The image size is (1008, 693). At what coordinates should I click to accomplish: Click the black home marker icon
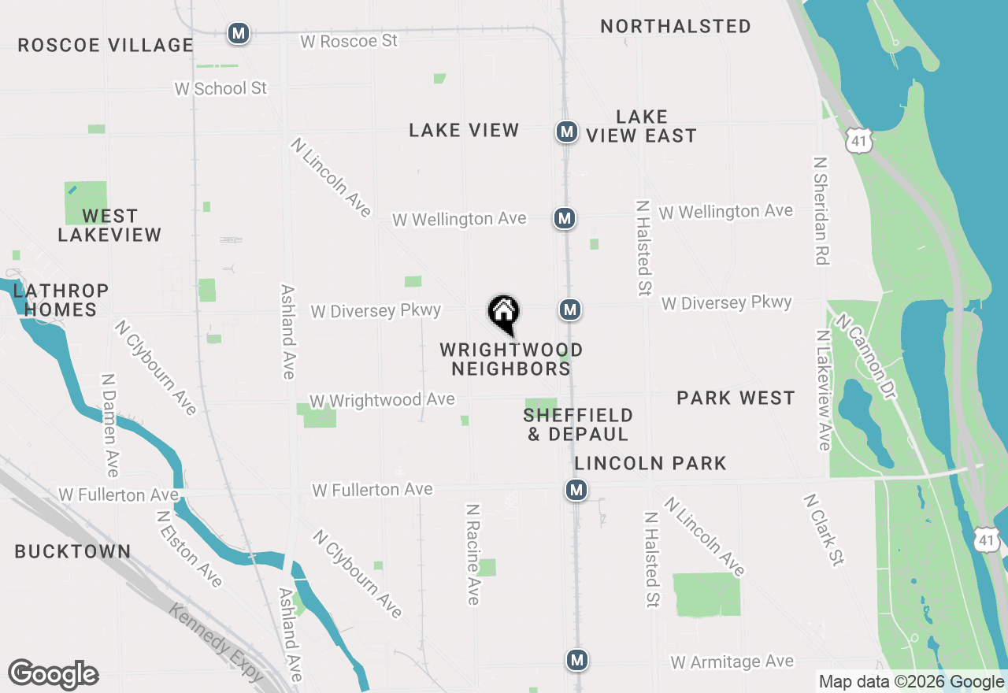[504, 314]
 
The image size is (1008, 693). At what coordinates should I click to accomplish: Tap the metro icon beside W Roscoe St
[239, 34]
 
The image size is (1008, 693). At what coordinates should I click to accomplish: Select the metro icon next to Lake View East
[566, 132]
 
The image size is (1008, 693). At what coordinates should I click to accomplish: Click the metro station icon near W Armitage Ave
[578, 660]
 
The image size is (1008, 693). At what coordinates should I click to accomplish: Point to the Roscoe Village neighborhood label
[106, 46]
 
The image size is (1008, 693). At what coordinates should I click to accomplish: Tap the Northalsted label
[676, 26]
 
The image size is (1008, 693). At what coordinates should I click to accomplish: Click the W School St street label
[220, 88]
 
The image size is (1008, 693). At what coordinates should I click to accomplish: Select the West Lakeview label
[109, 225]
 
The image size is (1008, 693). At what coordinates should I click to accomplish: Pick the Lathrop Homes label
[61, 300]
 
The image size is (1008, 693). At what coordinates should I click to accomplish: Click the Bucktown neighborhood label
[73, 551]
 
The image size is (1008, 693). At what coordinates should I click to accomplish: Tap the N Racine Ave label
[472, 554]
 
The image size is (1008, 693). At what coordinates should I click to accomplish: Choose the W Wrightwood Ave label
[382, 400]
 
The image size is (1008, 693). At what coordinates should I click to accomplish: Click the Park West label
[736, 398]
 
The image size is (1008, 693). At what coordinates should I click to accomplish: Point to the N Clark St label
[824, 529]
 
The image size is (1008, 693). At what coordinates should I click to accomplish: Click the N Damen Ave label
[110, 424]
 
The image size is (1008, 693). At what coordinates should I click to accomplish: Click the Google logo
[54, 675]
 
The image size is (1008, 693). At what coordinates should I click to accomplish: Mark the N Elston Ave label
[189, 549]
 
